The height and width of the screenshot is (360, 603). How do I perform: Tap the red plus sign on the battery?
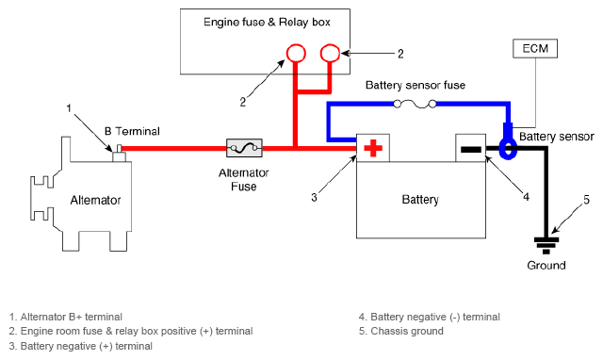373,149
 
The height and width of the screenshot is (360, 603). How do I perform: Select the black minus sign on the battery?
471,149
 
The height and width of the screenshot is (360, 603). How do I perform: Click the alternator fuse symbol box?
244,148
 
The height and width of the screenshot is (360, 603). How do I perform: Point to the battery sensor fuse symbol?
415,104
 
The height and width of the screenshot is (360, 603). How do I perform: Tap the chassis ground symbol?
546,245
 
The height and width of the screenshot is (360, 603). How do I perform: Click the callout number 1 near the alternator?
69,108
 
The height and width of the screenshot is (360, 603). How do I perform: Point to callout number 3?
314,197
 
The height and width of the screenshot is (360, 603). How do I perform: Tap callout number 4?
526,197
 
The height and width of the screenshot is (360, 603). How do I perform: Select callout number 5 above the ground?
586,200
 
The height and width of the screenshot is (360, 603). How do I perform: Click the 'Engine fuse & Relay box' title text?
267,22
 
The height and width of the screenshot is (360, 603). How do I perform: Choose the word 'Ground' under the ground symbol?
546,266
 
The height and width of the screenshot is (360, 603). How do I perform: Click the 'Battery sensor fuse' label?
416,85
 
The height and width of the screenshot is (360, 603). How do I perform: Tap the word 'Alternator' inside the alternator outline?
95,200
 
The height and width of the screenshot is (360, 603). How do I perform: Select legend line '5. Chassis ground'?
401,331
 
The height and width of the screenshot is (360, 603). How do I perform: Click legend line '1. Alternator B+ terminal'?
66,317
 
